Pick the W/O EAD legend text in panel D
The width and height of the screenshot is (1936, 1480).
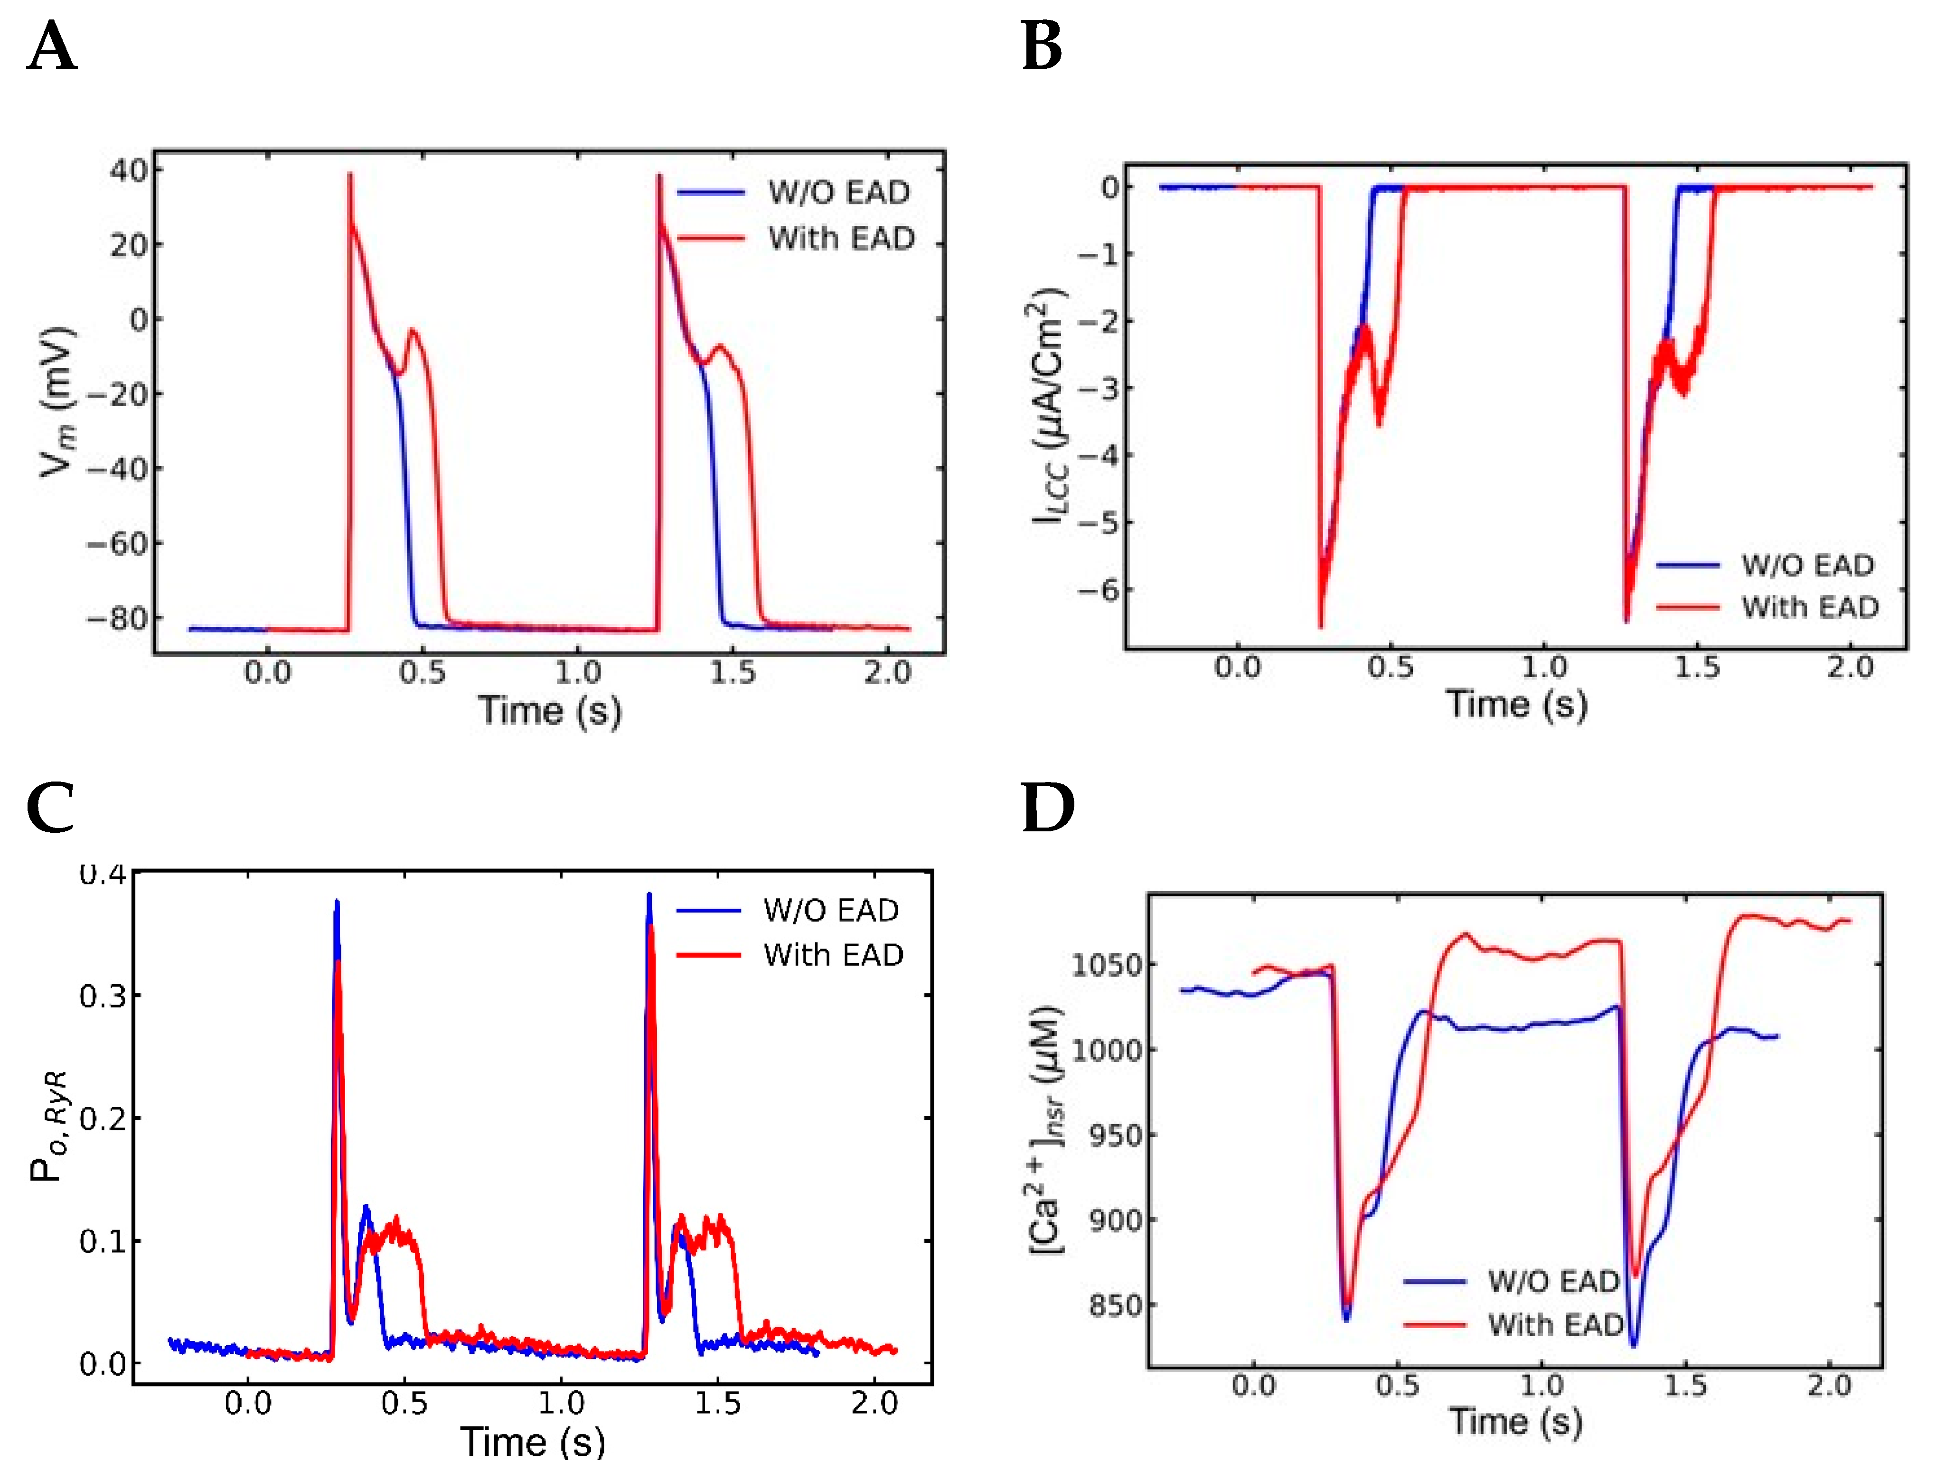pos(1553,1282)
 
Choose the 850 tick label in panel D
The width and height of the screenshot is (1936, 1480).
pos(1115,1305)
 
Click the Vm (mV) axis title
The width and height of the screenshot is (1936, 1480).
pos(58,401)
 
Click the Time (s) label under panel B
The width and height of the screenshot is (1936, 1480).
pos(1516,705)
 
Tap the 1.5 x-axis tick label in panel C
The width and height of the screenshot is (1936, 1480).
pos(717,1403)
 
